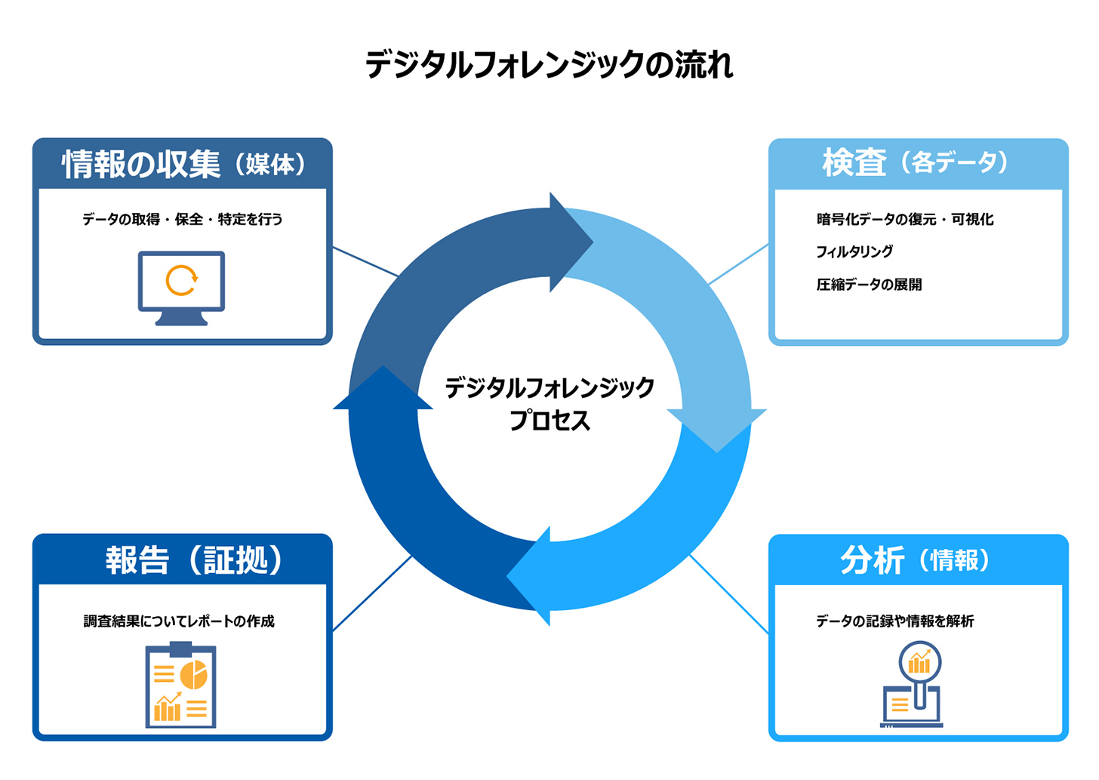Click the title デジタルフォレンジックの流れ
(x=549, y=65)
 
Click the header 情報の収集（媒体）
(x=183, y=164)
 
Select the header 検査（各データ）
(x=917, y=162)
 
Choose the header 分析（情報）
(x=916, y=560)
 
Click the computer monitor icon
(x=181, y=288)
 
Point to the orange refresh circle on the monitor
(x=181, y=280)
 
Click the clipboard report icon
(x=180, y=685)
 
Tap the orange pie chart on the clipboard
(x=194, y=675)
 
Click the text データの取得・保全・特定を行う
(x=182, y=219)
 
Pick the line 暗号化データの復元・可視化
(x=904, y=219)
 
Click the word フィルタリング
(x=854, y=251)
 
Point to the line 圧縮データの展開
(x=869, y=285)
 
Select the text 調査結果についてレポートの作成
(x=179, y=621)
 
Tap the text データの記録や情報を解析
(x=894, y=621)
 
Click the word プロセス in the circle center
(x=549, y=421)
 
